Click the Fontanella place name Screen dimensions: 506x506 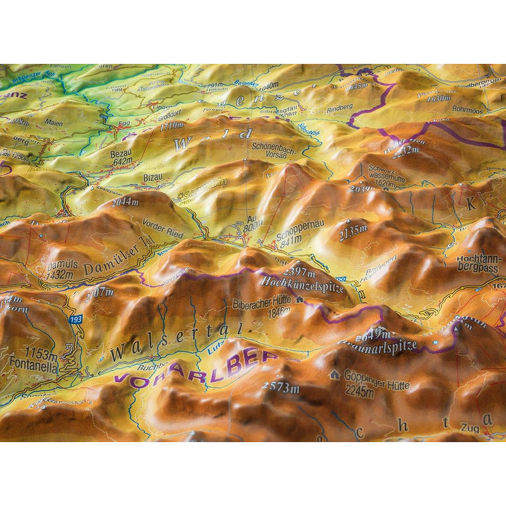[x=32, y=365]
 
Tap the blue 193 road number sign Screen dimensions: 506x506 [x=77, y=320]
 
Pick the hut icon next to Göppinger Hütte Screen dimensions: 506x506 [x=334, y=374]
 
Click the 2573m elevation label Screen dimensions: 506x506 [x=281, y=388]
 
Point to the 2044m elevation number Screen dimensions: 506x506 [x=125, y=202]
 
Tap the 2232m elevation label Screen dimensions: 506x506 [x=405, y=150]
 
